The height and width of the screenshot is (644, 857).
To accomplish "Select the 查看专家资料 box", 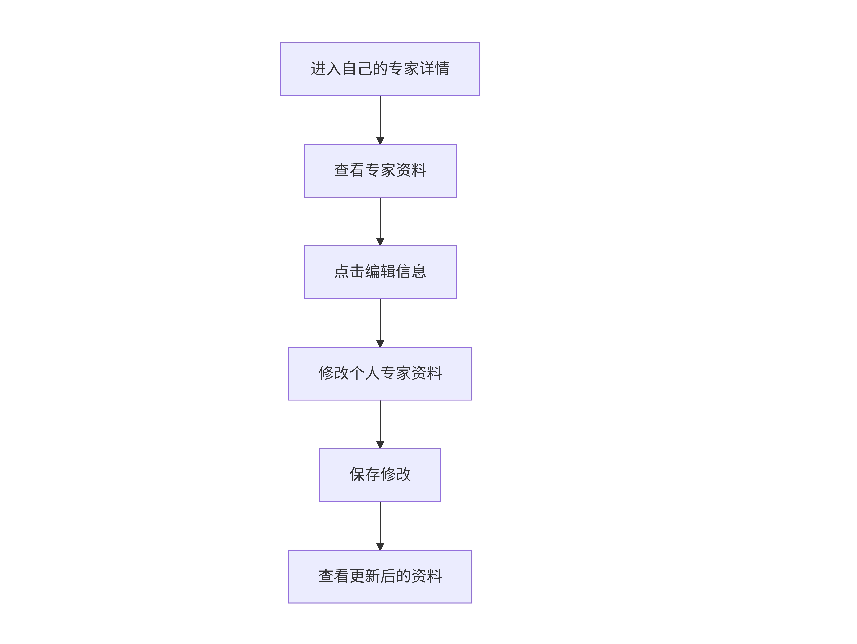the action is coord(380,171).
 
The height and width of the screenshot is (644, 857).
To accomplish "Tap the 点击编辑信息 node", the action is coord(380,272).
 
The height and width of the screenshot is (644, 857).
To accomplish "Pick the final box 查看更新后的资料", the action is coord(380,577).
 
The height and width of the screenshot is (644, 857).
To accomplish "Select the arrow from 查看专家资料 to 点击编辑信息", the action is coord(380,221).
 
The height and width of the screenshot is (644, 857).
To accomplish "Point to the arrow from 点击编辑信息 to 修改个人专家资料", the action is coord(380,323).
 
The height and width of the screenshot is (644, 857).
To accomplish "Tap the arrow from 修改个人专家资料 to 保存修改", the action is coord(380,425).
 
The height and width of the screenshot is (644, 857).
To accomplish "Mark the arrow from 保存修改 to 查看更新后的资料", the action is coord(380,526).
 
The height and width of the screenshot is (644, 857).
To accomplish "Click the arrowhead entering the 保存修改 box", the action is coord(380,445).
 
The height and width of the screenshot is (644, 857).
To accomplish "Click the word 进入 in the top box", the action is coord(326,69).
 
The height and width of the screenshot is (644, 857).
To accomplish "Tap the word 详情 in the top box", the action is coord(434,69).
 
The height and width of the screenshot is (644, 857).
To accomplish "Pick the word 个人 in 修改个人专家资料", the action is coord(365,373).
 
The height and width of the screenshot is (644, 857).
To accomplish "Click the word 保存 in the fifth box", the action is coord(365,475).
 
